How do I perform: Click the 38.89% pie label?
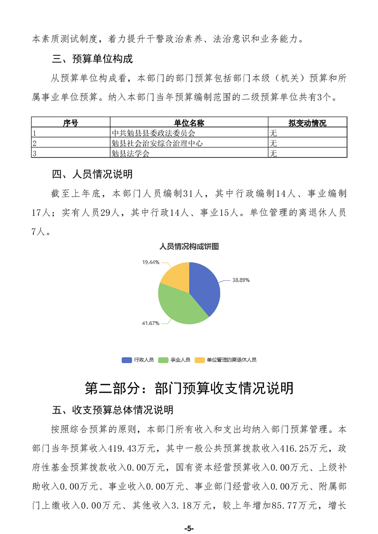(x=241, y=280)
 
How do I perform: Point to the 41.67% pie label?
(x=150, y=323)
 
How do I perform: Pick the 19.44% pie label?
(x=150, y=262)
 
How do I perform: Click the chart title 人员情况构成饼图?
(x=189, y=247)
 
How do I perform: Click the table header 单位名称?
(x=189, y=123)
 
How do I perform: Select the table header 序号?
(x=71, y=123)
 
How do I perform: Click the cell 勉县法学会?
(x=130, y=153)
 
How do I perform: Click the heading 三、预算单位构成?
(x=92, y=59)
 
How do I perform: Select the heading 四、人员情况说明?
(x=92, y=174)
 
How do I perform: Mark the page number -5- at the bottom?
(x=189, y=529)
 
